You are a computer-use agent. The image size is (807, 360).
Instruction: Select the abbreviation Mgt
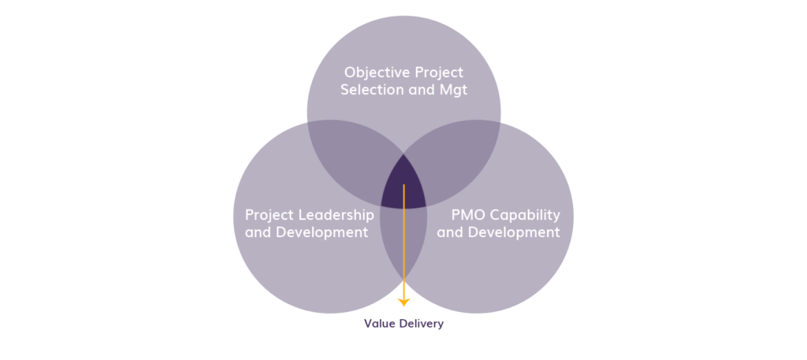[x=452, y=90]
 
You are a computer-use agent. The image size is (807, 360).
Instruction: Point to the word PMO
[x=468, y=214]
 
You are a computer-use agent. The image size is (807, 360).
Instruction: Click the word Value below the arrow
[x=377, y=324]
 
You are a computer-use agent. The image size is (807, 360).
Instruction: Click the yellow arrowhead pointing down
[x=403, y=302]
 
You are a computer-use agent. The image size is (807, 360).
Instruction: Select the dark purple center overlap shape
[x=403, y=185]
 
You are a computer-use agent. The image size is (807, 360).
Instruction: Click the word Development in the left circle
[x=324, y=232]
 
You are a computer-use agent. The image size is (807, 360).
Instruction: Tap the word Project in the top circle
[x=439, y=72]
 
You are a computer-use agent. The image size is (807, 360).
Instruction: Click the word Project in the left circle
[x=269, y=214]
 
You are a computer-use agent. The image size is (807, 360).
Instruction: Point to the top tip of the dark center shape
[x=403, y=154]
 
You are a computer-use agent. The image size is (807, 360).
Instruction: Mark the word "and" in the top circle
[x=415, y=90]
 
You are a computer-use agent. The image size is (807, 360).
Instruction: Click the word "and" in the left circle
[x=259, y=232]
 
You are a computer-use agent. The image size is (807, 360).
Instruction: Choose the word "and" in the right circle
[x=451, y=232]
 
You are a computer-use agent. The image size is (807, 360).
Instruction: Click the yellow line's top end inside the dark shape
[x=403, y=186]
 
